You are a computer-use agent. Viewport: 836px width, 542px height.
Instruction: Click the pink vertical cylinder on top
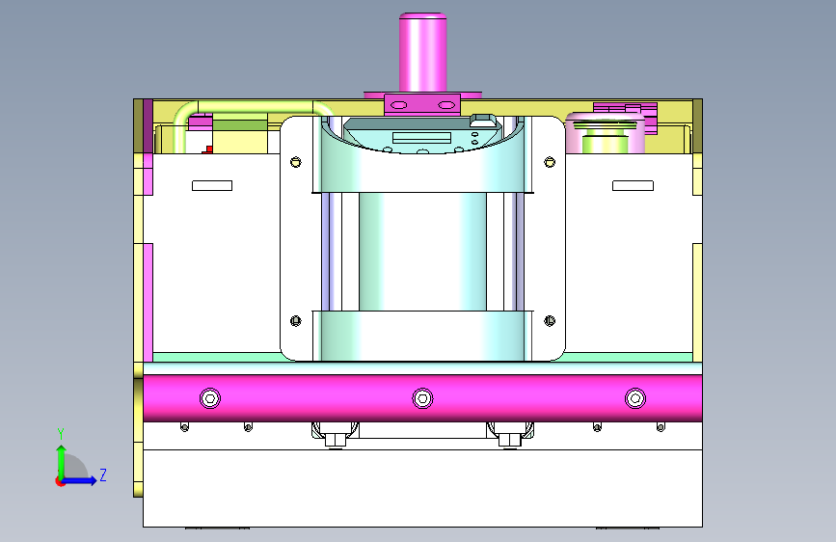point(422,52)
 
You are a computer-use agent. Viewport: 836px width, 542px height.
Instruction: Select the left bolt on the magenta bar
point(210,398)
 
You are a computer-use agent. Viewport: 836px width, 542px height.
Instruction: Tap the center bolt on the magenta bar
point(422,398)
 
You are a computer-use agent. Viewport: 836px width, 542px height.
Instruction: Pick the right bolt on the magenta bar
point(635,398)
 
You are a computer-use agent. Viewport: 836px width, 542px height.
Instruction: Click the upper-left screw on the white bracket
point(296,162)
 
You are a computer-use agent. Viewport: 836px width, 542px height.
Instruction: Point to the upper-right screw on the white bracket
point(550,162)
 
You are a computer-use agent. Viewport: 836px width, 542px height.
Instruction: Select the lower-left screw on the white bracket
point(296,320)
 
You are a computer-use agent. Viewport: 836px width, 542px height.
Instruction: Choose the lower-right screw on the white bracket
point(550,320)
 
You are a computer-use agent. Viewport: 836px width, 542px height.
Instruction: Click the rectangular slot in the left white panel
point(212,185)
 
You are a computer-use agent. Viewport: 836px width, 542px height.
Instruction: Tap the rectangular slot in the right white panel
point(633,185)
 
